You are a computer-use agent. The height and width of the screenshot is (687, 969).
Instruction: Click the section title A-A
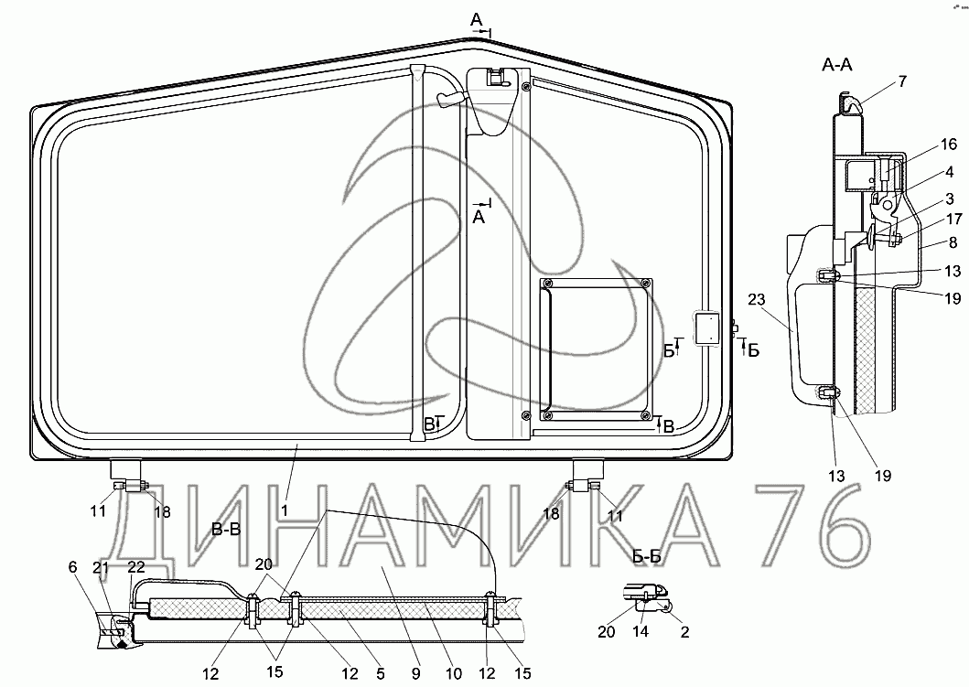(837, 64)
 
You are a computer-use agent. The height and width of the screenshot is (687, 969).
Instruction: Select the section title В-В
(226, 530)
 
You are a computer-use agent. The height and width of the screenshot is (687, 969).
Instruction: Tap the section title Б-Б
(647, 556)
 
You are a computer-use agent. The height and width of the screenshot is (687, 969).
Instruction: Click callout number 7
(902, 81)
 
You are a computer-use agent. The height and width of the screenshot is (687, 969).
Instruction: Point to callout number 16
(949, 145)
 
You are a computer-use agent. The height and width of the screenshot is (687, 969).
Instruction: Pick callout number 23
(757, 300)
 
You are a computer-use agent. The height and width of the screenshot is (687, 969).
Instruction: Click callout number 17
(954, 219)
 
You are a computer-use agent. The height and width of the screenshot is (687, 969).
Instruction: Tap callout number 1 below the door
(285, 510)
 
